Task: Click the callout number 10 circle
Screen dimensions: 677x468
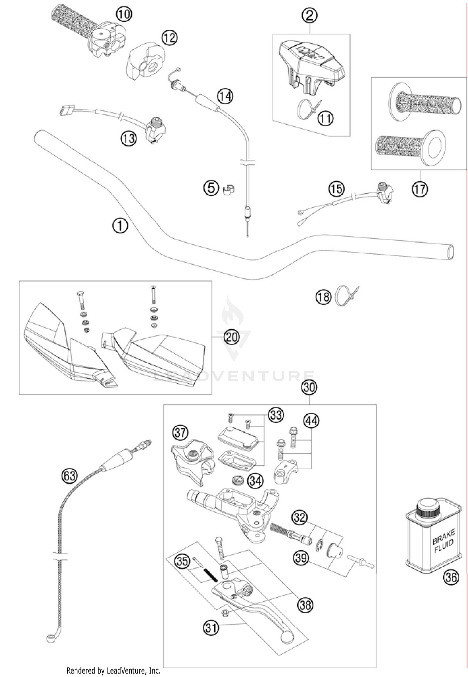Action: [124, 14]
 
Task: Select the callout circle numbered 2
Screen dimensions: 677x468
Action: [310, 15]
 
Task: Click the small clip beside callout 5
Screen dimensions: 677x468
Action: [229, 189]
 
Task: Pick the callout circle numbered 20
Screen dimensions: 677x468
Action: [231, 337]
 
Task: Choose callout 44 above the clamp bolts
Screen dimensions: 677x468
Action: [311, 421]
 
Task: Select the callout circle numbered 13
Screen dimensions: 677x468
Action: [129, 138]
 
